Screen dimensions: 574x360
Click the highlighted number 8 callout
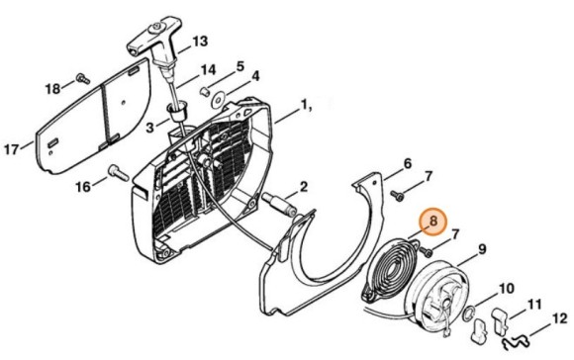point(433,223)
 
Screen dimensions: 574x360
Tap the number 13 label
point(200,42)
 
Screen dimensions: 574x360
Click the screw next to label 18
point(83,78)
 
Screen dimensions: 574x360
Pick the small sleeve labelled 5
point(206,91)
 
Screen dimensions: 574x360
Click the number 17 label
point(11,149)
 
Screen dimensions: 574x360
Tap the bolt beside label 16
point(118,173)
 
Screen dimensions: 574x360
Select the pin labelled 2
point(280,206)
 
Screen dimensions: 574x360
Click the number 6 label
point(407,164)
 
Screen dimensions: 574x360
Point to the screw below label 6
point(397,196)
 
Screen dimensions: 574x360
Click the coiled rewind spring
point(390,271)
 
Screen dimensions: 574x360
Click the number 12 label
point(559,319)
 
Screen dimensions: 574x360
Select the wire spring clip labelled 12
point(517,343)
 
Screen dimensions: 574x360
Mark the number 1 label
point(304,106)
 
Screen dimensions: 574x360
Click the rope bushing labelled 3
point(177,114)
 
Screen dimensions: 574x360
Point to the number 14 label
point(208,70)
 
